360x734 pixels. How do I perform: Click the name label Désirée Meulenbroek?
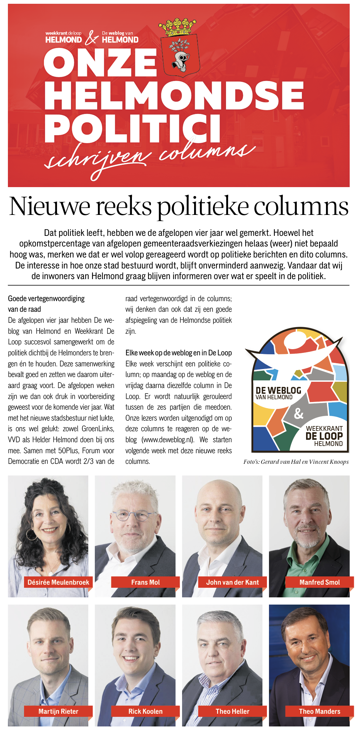pos(58,582)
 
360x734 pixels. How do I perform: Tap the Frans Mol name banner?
pos(145,582)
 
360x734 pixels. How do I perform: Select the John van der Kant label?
pos(232,582)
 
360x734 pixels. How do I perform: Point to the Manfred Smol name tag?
pos(319,582)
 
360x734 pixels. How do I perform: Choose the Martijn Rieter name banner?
pos(58,711)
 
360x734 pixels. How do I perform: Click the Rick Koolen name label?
pos(145,711)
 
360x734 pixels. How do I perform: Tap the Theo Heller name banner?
pos(232,711)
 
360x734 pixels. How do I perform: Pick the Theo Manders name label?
pos(319,711)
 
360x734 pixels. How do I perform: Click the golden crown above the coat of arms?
pos(177,27)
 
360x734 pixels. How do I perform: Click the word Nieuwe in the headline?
pos(49,206)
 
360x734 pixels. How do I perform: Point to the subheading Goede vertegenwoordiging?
pos(46,299)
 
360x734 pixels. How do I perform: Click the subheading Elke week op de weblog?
pos(179,353)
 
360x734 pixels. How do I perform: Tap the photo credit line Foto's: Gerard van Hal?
pos(296,462)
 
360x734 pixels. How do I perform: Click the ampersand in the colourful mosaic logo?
pos(299,413)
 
